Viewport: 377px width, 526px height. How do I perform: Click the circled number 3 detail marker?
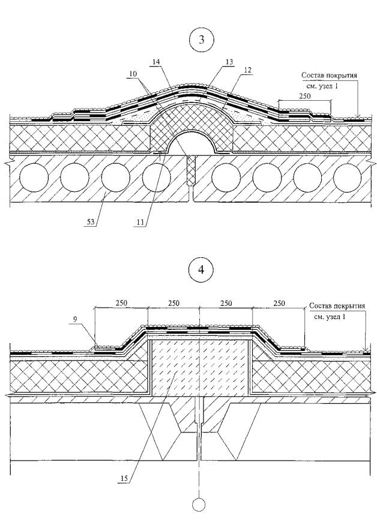201,40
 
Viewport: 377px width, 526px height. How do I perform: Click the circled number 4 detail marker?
201,270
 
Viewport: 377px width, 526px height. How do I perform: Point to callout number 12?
247,70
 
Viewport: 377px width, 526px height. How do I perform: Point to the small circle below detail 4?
199,505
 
